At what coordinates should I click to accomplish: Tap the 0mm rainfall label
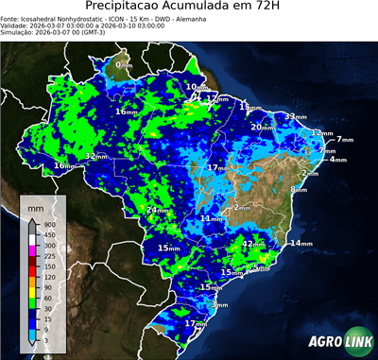pos(124,64)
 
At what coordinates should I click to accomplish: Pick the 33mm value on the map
pos(296,117)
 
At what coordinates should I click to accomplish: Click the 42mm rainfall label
pos(253,244)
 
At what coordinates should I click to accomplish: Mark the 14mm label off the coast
pos(301,244)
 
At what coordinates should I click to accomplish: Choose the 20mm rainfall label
pos(274,127)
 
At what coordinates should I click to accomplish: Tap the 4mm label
pos(337,160)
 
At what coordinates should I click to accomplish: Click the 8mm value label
pos(299,189)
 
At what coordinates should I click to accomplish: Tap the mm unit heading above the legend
pos(35,205)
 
